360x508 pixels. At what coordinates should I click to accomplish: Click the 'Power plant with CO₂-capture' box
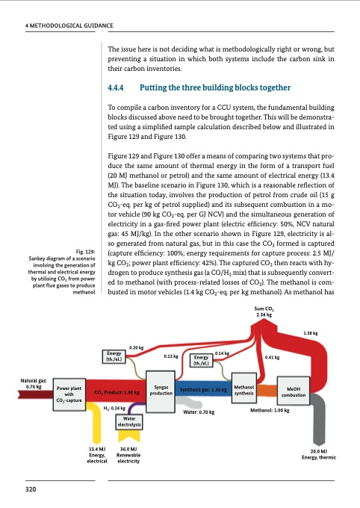click(x=68, y=395)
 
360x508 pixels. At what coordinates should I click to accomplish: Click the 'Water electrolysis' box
click(x=125, y=423)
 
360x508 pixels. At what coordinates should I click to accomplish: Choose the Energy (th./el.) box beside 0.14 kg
click(x=200, y=361)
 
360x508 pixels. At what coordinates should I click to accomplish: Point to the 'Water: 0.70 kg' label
click(x=199, y=412)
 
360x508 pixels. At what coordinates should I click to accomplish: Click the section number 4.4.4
click(x=119, y=87)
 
